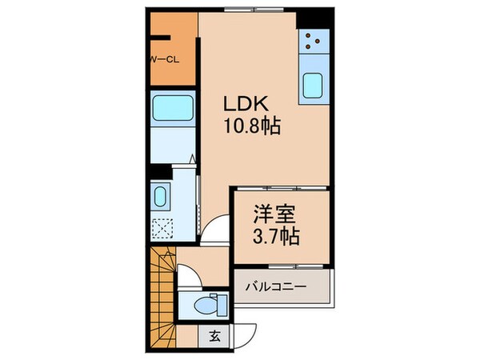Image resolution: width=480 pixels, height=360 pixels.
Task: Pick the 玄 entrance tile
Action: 214,336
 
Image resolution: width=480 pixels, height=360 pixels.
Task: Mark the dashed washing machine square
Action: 160,228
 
